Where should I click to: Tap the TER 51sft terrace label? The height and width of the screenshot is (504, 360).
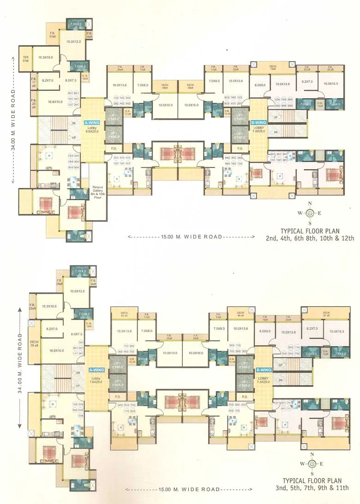point(25,58)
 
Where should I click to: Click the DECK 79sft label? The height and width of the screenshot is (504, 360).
point(272,67)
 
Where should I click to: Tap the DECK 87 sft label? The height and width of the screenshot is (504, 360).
point(326,314)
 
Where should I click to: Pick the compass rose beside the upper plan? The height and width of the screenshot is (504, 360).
point(311,213)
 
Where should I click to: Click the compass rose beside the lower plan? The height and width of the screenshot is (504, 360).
point(312,463)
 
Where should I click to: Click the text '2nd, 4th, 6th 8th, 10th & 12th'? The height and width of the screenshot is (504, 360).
point(310,238)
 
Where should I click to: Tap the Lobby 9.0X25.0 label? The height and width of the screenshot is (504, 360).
point(92,131)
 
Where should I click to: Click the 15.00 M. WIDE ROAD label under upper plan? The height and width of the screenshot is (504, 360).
point(191,237)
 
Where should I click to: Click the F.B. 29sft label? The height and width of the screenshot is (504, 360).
point(59,282)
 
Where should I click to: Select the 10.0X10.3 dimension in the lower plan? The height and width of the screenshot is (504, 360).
point(332,331)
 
